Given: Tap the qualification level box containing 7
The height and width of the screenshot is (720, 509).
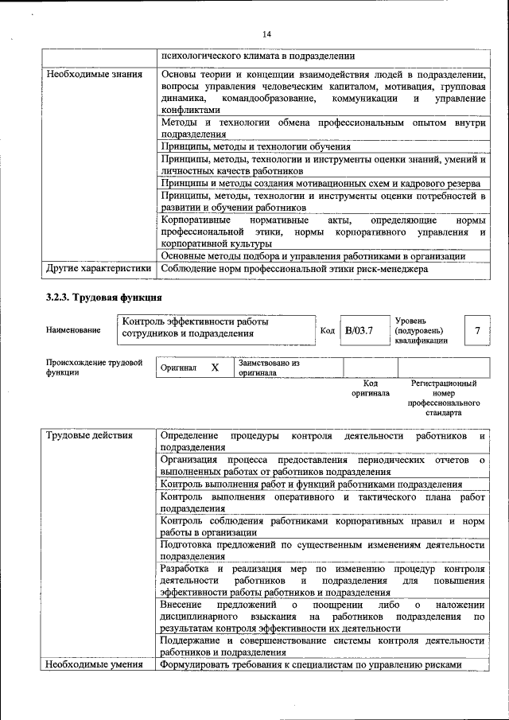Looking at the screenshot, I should pos(476,330).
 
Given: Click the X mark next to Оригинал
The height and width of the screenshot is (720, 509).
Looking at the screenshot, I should pos(214,368).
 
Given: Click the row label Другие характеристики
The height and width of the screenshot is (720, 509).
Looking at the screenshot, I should pos(98,269).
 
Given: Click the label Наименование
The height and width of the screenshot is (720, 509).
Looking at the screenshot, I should pos(73,330).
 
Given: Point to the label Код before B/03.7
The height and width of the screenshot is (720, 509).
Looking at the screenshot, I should pos(327,330).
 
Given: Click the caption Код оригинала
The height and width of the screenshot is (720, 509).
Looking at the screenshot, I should pos(370,388).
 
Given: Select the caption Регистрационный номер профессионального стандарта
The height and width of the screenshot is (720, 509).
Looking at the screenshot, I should pos(443,399).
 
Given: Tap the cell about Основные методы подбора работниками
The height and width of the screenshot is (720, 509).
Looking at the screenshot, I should pos(313,256).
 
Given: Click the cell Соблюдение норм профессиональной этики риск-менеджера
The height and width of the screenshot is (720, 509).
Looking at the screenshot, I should pos(294,269).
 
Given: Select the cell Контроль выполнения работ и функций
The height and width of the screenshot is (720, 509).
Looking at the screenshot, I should pos(311,484).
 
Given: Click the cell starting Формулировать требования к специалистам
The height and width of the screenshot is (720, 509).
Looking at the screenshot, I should pos(311,664).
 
